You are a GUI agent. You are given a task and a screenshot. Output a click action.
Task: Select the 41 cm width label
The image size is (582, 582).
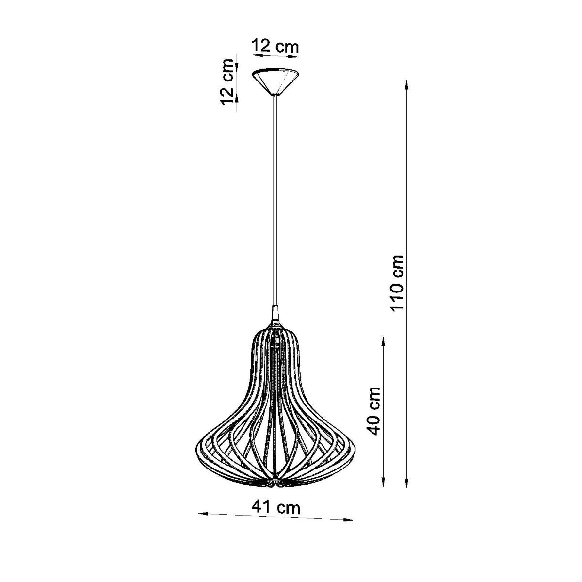(276, 507)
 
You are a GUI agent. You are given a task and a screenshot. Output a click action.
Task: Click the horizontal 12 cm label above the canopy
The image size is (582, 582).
(275, 47)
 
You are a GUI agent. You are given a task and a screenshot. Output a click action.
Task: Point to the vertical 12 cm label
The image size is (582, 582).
(226, 82)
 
